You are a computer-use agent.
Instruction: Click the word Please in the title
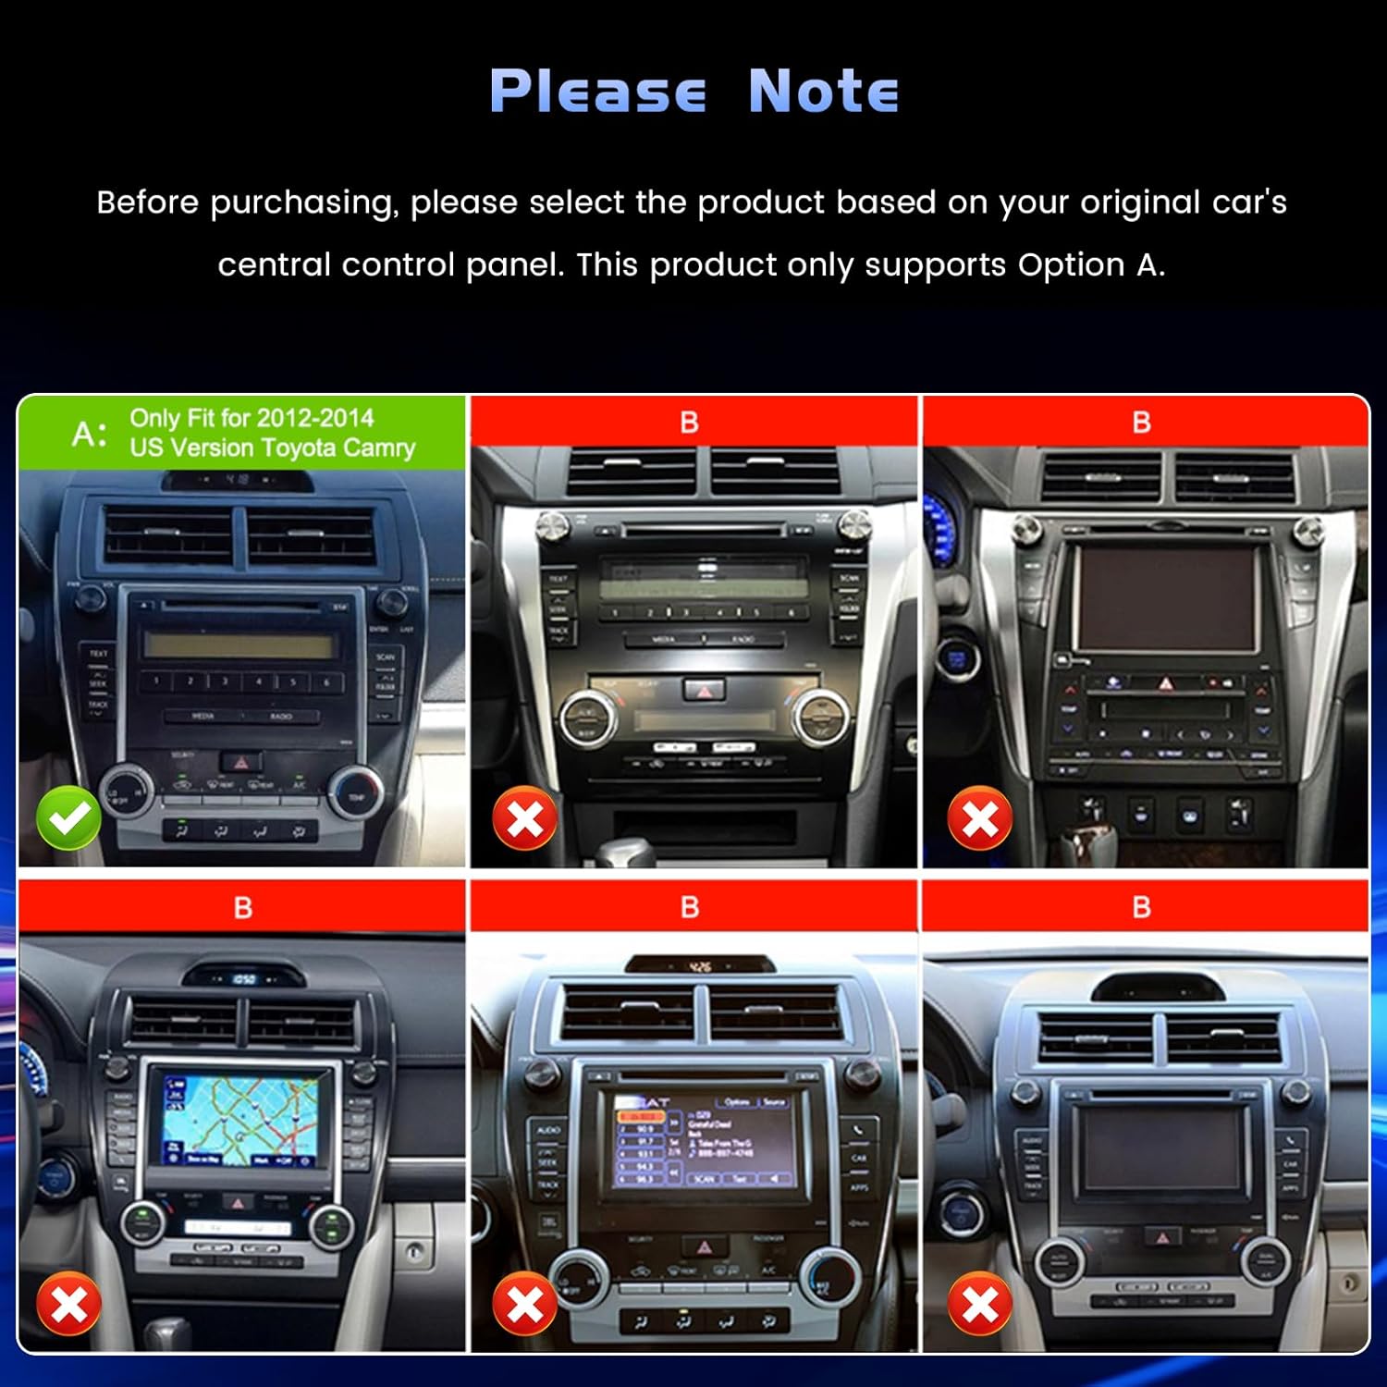click(597, 92)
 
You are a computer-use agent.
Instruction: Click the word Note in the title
click(823, 92)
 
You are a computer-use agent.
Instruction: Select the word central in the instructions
click(274, 265)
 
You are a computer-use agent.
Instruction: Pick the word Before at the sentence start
click(147, 203)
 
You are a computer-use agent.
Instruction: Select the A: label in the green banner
click(90, 433)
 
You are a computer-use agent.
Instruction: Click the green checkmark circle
click(68, 817)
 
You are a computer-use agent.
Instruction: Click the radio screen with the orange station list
click(705, 1142)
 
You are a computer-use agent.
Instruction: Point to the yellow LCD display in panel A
click(239, 645)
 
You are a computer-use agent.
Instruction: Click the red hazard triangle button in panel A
click(241, 763)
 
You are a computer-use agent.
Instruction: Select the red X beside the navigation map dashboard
click(68, 1304)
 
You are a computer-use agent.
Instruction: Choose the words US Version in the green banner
click(191, 448)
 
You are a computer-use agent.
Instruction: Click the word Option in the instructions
click(1072, 265)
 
